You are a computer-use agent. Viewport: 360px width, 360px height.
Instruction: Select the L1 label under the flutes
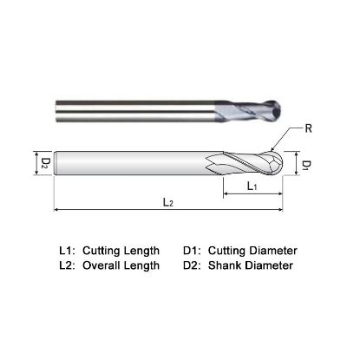coord(250,187)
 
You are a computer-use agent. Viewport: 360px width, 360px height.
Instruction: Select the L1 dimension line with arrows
coord(253,195)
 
